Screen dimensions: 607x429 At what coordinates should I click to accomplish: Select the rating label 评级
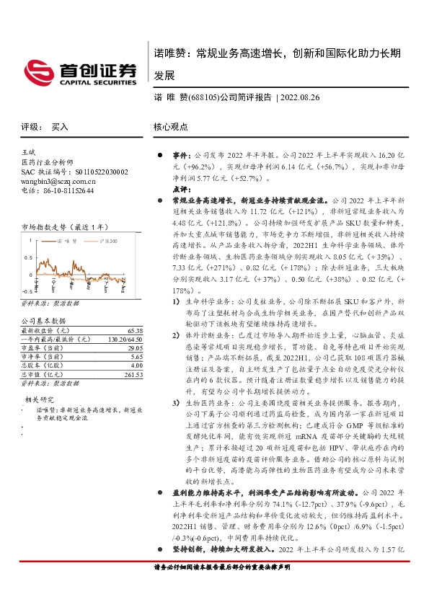click(30, 127)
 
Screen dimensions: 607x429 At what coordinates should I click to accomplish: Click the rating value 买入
click(59, 127)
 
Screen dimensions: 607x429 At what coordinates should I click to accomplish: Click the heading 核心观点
click(170, 127)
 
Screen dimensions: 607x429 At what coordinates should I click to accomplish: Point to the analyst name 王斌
click(29, 154)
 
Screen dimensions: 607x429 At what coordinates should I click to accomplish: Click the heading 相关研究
click(39, 399)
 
